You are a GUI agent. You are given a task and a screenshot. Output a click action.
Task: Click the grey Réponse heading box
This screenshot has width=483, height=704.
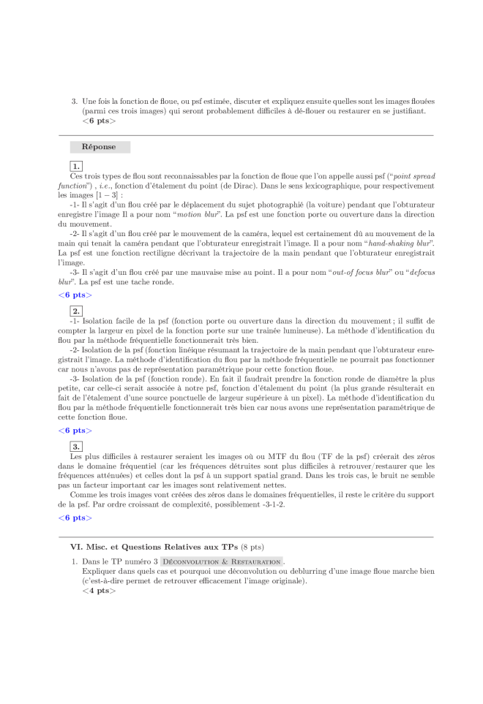tap(100, 147)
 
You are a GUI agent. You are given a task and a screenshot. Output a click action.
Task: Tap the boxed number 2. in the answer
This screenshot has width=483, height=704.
tap(76, 311)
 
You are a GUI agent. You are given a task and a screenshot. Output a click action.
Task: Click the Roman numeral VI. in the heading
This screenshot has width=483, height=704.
tap(75, 546)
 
